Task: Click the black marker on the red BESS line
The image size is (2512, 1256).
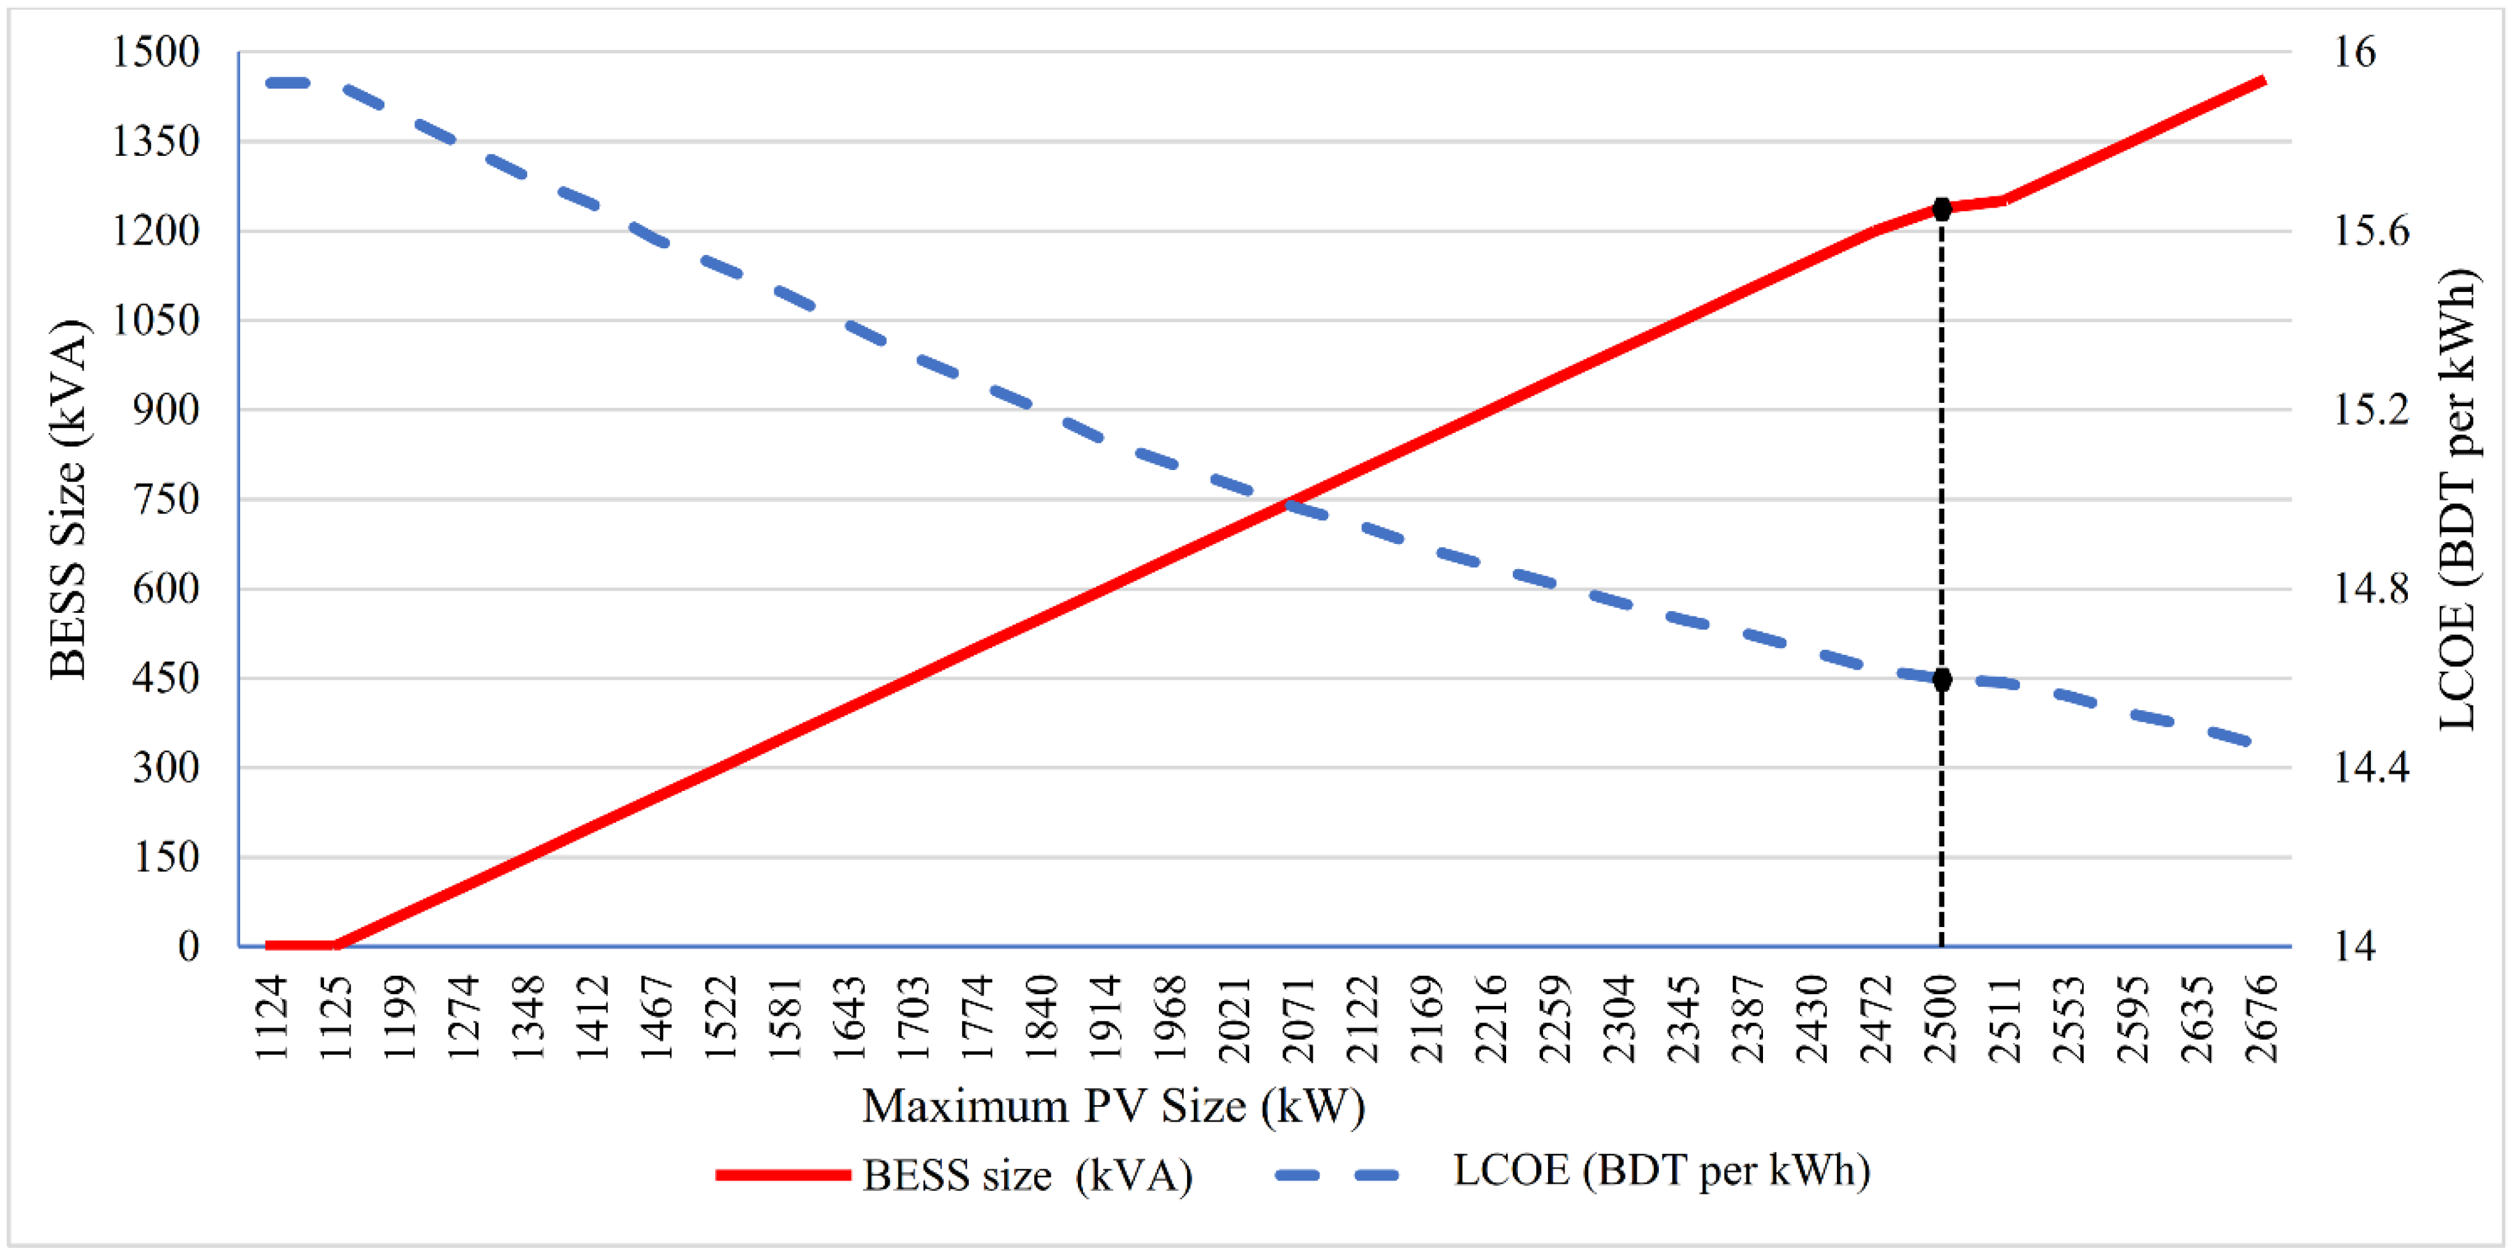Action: click(1942, 209)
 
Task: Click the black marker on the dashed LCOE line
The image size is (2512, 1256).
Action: click(1942, 679)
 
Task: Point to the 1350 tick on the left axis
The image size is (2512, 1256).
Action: click(156, 142)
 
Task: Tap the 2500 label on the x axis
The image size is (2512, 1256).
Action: click(1942, 1018)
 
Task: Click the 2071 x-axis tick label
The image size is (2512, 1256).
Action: click(1300, 1018)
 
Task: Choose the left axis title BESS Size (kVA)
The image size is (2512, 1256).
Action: click(68, 500)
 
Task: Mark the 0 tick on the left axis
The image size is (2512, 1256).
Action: click(188, 946)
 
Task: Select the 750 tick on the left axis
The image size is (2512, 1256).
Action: click(166, 500)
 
